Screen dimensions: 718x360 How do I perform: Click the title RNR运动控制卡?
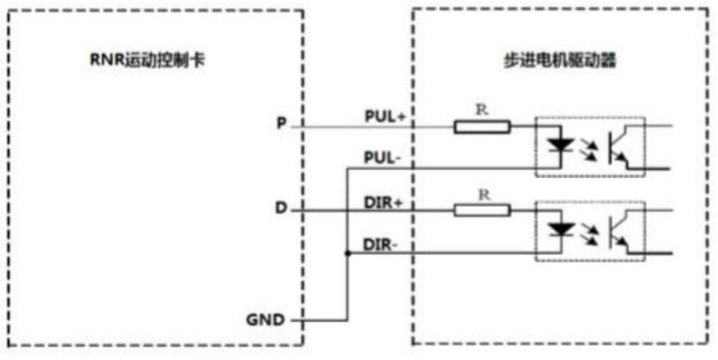coord(147,60)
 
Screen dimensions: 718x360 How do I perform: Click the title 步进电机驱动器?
coord(558,60)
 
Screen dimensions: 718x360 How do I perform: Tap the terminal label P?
coord(281,125)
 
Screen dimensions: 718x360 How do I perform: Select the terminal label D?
coord(281,209)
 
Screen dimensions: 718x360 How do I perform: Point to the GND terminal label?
coord(265,320)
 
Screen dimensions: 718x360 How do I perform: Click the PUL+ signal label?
coord(385,117)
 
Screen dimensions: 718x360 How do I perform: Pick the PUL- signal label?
coord(383,158)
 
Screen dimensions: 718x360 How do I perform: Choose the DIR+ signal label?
coord(384,201)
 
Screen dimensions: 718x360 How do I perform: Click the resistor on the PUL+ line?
coord(482,127)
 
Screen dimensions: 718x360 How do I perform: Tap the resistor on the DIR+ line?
coord(482,211)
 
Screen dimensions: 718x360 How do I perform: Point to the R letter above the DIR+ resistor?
coord(485,195)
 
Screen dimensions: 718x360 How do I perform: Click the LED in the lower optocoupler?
coord(562,229)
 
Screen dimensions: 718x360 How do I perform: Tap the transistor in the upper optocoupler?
coord(619,147)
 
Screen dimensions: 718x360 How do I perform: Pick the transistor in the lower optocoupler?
coord(619,232)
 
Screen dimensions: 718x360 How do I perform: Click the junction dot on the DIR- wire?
coord(347,253)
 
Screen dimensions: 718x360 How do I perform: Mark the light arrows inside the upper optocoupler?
coord(589,149)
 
